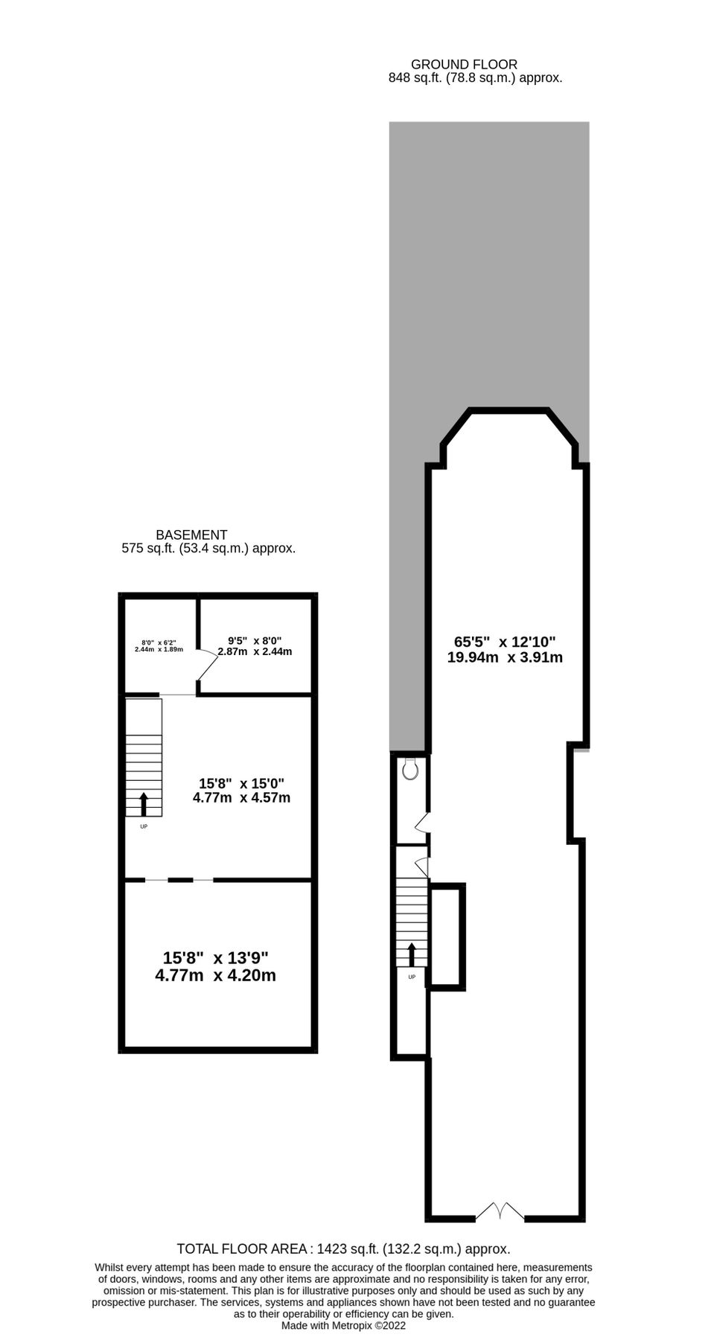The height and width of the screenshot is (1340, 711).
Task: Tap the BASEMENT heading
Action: point(191,535)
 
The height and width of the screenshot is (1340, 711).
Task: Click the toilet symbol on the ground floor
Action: point(410,769)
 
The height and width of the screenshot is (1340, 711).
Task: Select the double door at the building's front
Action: point(500,1211)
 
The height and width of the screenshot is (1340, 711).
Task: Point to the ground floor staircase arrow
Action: point(411,954)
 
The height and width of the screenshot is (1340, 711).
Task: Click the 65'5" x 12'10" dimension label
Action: point(505,649)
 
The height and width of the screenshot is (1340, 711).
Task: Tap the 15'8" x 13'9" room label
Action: point(215,966)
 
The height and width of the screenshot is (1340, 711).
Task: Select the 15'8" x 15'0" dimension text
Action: point(241,791)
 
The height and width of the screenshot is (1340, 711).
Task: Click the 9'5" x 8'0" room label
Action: point(255,645)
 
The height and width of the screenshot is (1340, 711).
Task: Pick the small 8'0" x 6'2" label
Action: point(159,645)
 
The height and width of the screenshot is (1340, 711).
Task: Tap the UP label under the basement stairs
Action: point(144,826)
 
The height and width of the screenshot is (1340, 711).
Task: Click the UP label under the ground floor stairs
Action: point(412,976)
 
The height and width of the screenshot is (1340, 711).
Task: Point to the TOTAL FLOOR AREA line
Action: point(343,1248)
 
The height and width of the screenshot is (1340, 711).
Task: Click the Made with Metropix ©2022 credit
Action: point(343,1325)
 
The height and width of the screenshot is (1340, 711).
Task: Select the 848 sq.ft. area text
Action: point(475,77)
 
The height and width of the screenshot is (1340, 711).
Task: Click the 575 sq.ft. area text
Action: point(208,549)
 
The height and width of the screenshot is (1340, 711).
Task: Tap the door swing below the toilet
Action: point(422,823)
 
